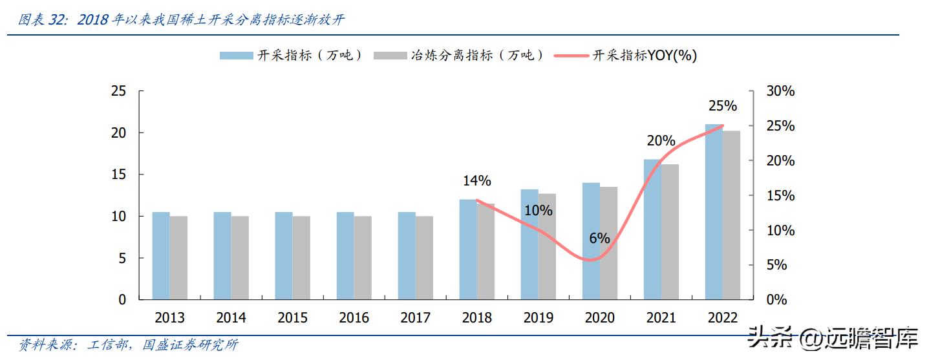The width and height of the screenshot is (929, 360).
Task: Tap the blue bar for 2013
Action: (161, 256)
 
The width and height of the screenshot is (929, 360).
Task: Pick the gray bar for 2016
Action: (363, 258)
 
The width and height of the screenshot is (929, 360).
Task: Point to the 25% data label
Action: (722, 105)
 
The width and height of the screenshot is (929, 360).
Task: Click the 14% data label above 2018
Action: (477, 181)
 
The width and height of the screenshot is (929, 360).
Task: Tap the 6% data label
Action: (599, 238)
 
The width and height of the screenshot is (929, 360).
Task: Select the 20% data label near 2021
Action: (661, 141)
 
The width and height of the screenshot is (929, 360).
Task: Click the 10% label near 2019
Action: (538, 211)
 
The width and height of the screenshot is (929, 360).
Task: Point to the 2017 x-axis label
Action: (415, 318)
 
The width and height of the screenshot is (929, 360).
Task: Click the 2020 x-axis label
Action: (599, 318)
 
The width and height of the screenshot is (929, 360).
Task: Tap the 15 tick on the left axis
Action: (119, 175)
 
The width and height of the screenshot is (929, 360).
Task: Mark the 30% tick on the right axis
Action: (780, 92)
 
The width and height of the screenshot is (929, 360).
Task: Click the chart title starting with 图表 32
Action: (181, 20)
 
